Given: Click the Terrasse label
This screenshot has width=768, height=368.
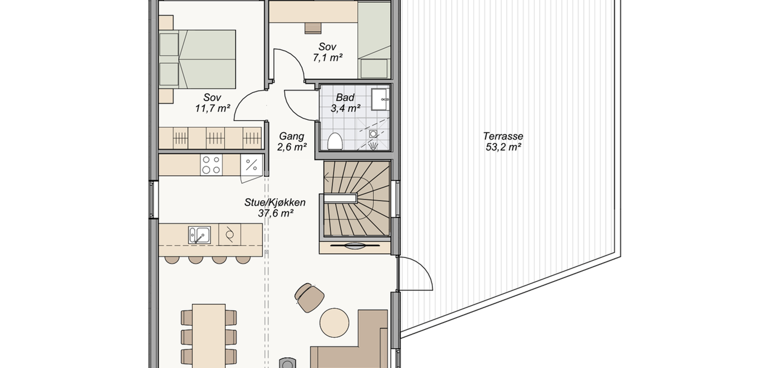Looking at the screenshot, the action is click(503, 136).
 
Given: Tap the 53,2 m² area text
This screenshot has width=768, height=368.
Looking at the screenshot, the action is click(504, 147).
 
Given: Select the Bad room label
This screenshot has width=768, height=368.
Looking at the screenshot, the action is click(345, 98).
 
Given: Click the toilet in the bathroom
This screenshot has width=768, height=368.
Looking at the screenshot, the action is click(335, 141).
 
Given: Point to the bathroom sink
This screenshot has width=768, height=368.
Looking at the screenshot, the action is click(381, 99).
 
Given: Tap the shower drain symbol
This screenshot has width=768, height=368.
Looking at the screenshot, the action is click(373, 134).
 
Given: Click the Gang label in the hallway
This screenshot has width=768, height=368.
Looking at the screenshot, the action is click(292, 136).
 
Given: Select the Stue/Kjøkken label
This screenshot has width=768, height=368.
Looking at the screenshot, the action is click(275, 202).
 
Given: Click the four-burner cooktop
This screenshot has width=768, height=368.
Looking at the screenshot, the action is click(211, 165).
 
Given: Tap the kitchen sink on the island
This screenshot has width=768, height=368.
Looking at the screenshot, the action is click(199, 235).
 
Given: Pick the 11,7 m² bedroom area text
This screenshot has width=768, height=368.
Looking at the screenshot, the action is click(212, 109).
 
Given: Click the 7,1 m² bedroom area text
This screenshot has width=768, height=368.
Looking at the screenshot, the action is click(327, 57).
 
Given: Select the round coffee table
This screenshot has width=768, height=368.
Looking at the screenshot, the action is click(334, 323).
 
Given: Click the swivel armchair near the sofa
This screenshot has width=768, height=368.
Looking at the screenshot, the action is click(309, 297).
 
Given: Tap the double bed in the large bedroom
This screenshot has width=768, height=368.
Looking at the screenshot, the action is click(197, 59).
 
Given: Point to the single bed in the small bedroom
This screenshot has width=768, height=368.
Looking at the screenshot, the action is click(374, 40).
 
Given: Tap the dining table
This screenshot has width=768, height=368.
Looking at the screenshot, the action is click(209, 334).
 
